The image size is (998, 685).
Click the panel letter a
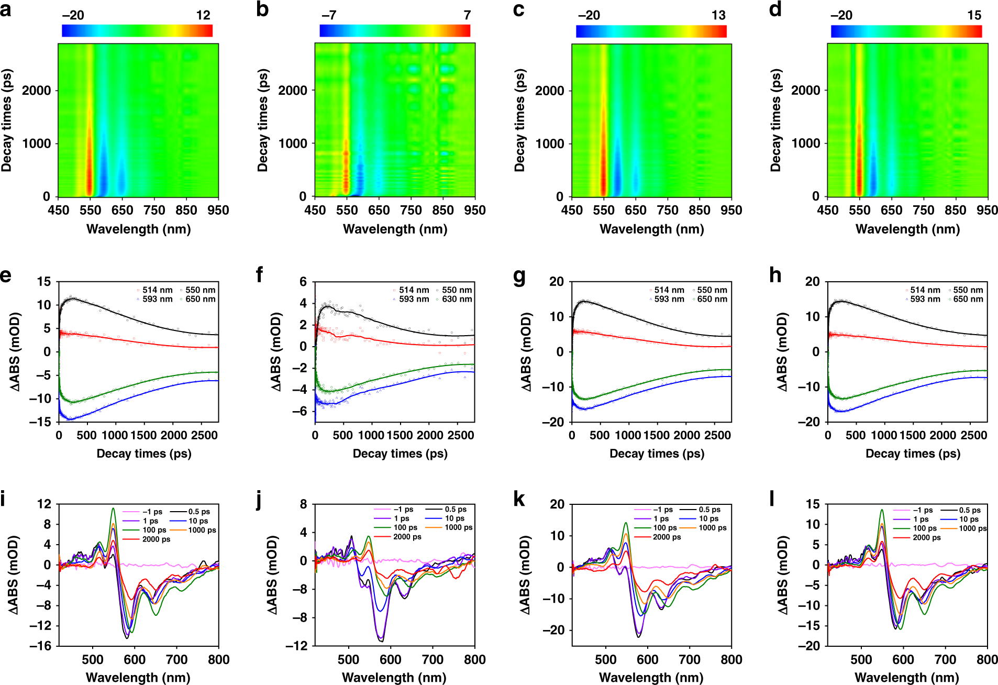[x=6, y=9]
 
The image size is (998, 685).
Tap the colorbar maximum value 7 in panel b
[x=467, y=15]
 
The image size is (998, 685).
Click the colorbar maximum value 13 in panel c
[x=718, y=15]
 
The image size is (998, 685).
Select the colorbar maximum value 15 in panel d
[x=974, y=15]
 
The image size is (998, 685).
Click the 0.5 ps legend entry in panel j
[x=456, y=509]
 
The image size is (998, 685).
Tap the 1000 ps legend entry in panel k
[x=712, y=527]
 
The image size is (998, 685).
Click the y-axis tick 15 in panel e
[x=44, y=282]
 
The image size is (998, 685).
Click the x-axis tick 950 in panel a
[x=218, y=210]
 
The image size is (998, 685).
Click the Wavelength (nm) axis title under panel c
[x=651, y=229]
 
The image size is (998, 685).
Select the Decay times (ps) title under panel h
[x=913, y=454]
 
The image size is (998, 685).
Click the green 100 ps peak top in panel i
[x=113, y=508]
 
